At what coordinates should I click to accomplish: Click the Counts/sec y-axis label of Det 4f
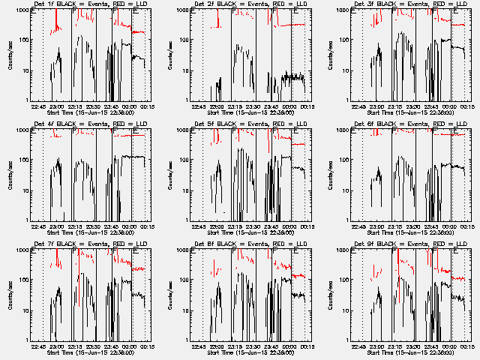click(x=10, y=175)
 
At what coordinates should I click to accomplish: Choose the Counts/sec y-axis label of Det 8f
click(x=169, y=295)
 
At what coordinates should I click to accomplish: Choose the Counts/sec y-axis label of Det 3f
click(x=330, y=55)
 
